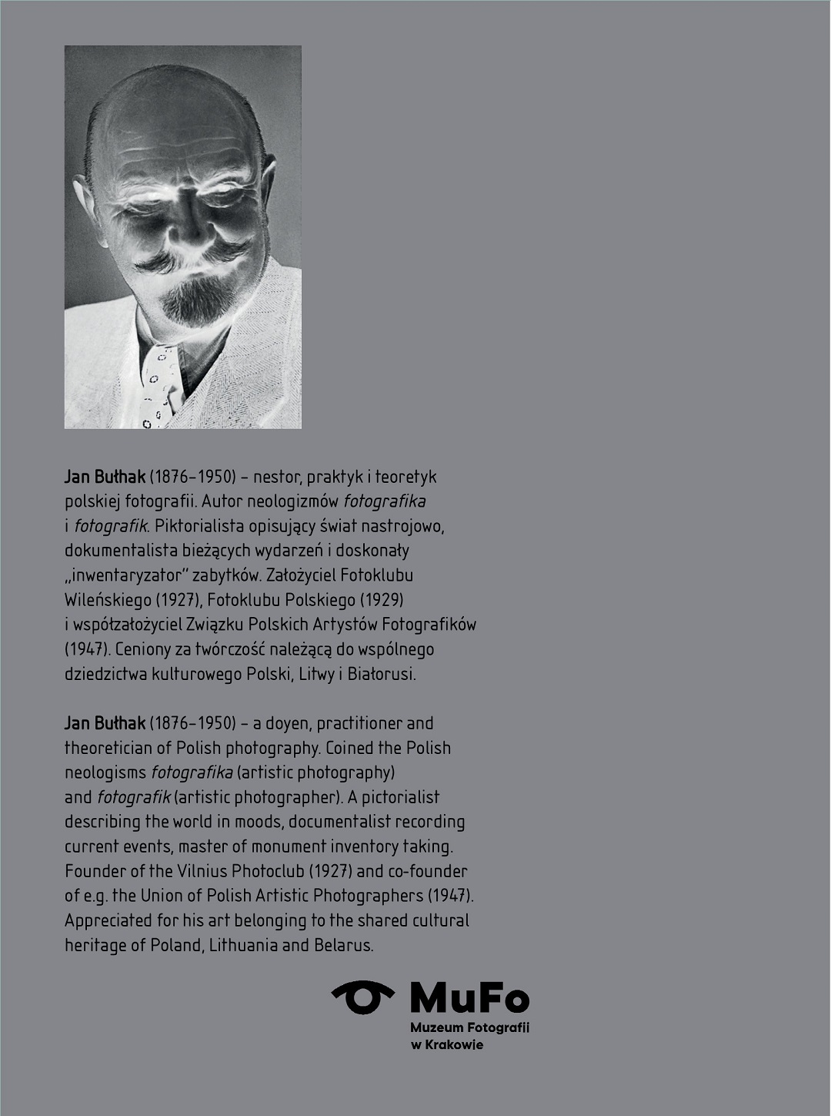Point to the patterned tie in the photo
pos(160,385)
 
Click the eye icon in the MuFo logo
pos(362,997)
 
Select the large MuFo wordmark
pos(469,998)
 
